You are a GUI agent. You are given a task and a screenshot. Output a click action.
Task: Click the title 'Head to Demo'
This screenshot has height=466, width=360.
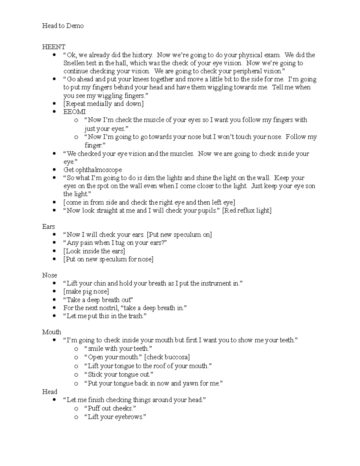click(63, 26)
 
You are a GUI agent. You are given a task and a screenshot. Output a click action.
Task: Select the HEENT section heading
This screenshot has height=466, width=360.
click(53, 47)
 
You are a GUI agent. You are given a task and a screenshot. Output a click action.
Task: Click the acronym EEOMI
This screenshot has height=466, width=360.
click(74, 112)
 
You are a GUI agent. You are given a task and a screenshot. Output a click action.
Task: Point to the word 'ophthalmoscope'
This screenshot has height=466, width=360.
click(99, 170)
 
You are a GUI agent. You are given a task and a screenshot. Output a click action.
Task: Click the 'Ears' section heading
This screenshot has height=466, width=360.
click(48, 227)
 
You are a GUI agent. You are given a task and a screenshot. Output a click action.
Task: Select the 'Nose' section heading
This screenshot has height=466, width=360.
click(49, 275)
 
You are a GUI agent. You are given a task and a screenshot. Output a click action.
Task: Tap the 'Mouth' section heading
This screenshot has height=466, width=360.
click(51, 332)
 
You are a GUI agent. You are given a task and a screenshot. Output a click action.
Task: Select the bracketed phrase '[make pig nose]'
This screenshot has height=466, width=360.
click(86, 291)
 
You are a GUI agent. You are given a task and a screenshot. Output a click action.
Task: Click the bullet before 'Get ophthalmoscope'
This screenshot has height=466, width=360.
click(54, 170)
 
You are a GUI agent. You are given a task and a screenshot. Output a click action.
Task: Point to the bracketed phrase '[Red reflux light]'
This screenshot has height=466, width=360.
click(247, 210)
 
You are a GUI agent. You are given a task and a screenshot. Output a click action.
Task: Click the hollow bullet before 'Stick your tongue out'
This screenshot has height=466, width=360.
click(76, 375)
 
